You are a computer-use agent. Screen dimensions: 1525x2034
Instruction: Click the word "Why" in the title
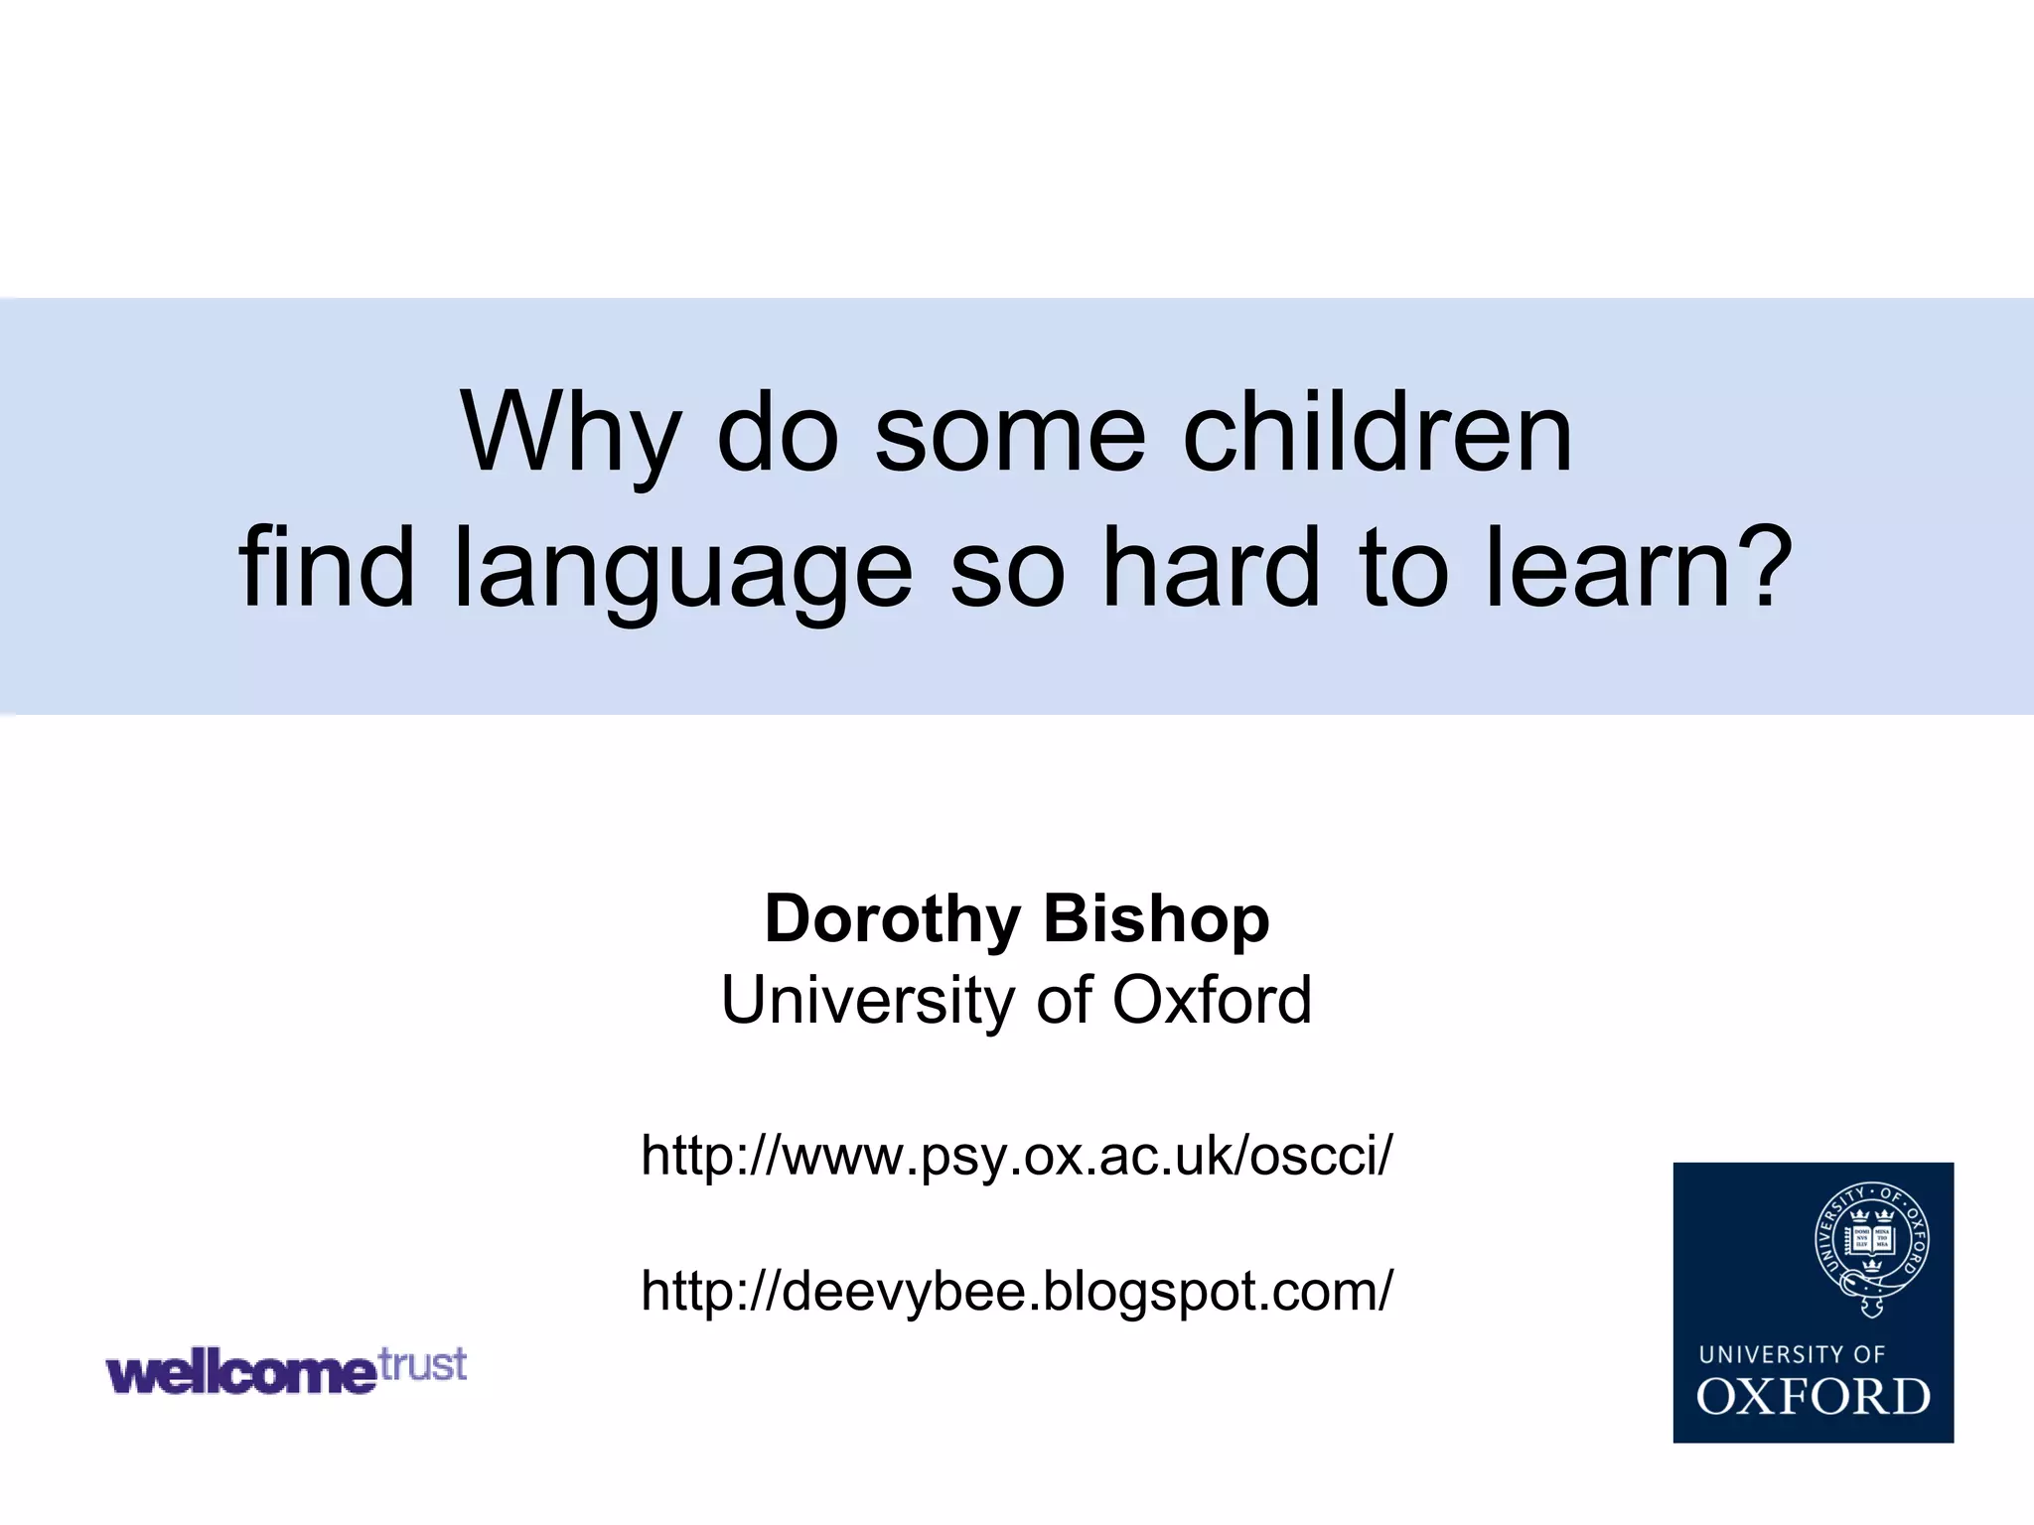click(x=569, y=434)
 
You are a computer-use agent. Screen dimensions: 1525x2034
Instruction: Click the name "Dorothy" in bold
click(x=892, y=918)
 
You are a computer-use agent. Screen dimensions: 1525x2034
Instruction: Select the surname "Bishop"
click(x=1156, y=918)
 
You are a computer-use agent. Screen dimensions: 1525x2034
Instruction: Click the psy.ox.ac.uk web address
click(x=1017, y=1156)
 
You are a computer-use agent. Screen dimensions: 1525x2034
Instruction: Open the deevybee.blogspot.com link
click(x=1017, y=1291)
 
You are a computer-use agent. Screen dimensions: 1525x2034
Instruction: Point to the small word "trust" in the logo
click(x=423, y=1364)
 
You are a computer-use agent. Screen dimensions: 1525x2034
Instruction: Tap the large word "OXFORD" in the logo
click(x=1813, y=1397)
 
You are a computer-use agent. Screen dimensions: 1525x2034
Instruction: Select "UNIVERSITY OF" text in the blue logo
click(x=1792, y=1354)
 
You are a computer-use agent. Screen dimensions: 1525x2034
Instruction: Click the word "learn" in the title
click(x=1609, y=568)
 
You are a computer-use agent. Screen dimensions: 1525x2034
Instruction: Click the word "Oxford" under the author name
click(x=1212, y=1000)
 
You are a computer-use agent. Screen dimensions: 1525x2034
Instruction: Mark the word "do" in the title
click(x=778, y=434)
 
